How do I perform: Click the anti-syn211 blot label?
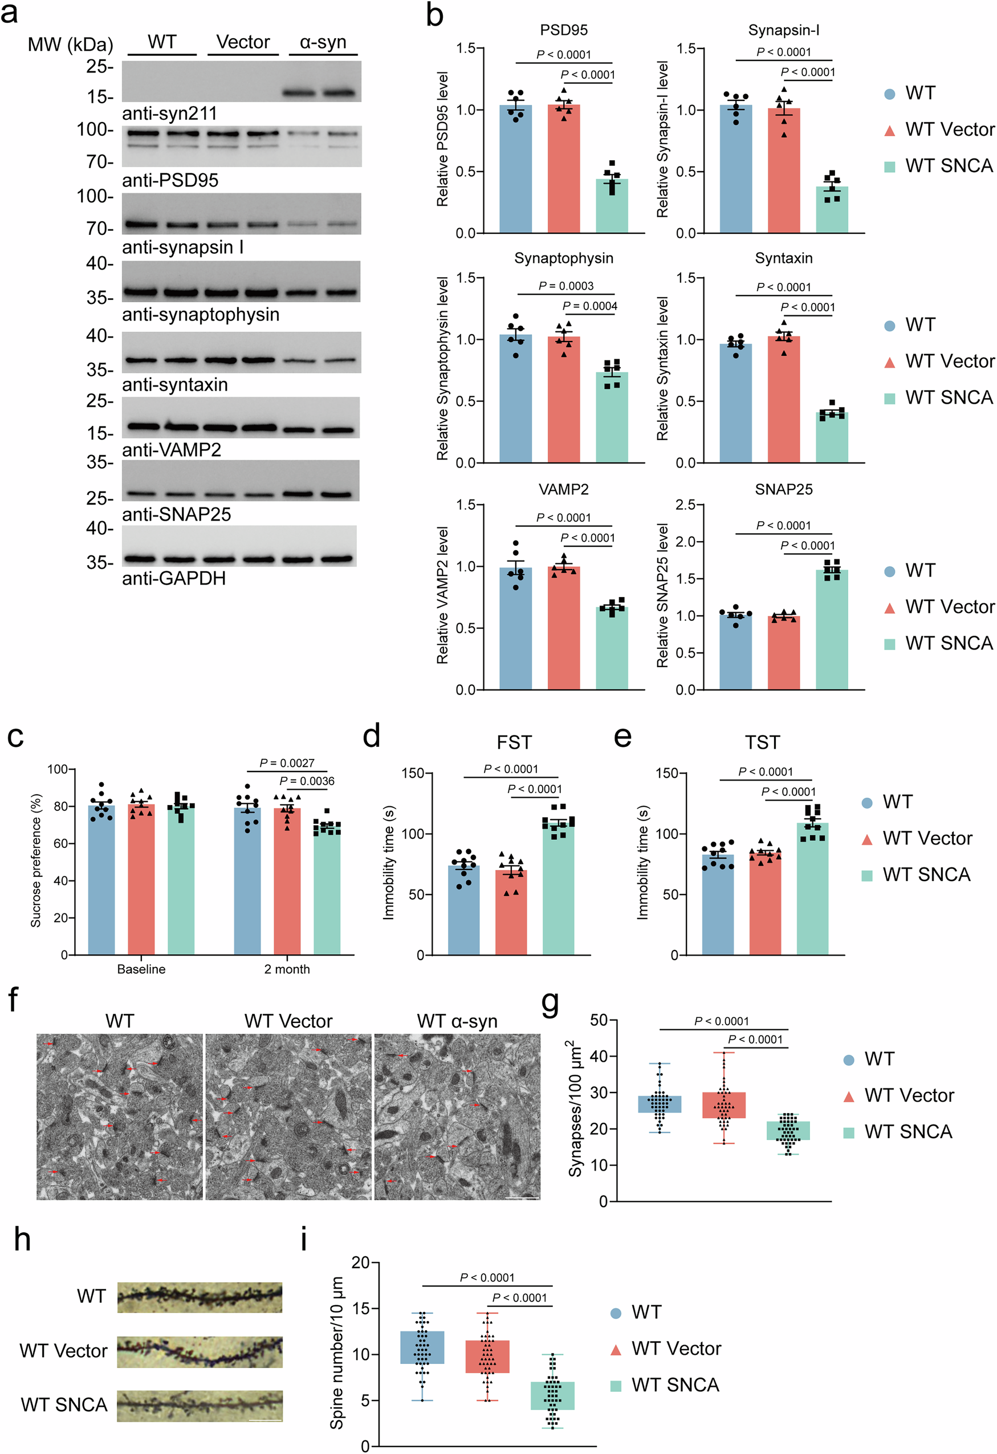[x=169, y=113]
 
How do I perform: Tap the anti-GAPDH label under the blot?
[x=173, y=578]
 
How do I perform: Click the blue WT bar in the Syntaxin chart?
[x=735, y=404]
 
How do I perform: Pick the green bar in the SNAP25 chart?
[x=831, y=629]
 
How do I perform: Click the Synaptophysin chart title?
[x=564, y=258]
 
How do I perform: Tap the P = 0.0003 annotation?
[x=565, y=286]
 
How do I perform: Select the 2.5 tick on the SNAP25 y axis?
[x=686, y=505]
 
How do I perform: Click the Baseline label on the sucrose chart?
[x=141, y=969]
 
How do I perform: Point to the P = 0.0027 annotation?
[x=287, y=763]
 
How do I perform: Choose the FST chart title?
[x=514, y=742]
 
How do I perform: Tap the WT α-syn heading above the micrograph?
[x=457, y=1021]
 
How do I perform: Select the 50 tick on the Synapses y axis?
[x=599, y=1021]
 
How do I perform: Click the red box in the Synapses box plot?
[x=724, y=1105]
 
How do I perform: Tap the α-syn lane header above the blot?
[x=323, y=43]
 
